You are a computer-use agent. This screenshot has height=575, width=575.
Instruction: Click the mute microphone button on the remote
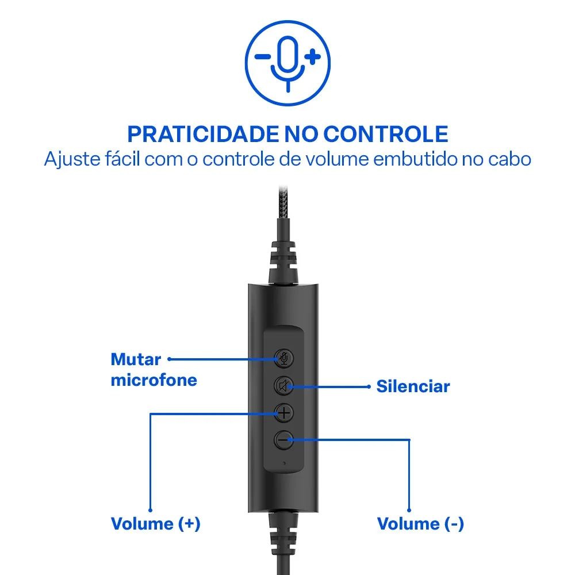283,358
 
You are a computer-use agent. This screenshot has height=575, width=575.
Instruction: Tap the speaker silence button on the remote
283,385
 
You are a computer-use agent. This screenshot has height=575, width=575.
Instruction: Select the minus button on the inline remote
283,440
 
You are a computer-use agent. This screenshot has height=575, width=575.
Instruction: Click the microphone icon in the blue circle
288,61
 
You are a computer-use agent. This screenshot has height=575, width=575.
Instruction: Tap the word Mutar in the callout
136,360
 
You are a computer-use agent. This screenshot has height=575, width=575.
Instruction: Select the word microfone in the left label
154,380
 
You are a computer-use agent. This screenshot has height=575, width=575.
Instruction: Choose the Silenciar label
413,386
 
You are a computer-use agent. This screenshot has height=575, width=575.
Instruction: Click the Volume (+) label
155,524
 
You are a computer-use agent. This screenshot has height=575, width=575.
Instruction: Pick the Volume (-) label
420,524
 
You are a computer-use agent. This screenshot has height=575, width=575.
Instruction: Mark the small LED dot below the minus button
283,461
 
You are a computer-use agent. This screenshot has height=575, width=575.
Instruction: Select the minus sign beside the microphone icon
263,57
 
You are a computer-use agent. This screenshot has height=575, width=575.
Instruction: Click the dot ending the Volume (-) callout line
409,509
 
